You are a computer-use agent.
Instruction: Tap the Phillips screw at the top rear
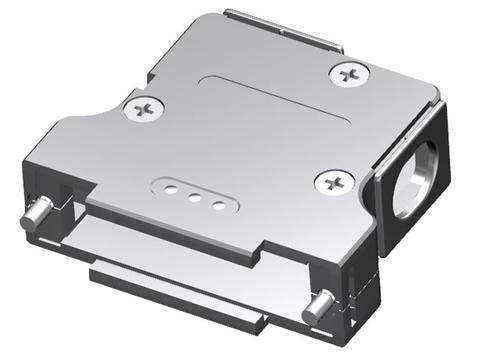[x=348, y=73]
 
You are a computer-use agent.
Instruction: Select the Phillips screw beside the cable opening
[x=333, y=182]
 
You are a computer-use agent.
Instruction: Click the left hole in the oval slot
[x=171, y=187]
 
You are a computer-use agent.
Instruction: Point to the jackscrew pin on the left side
[x=37, y=211]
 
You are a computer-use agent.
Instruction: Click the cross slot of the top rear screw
[x=348, y=73]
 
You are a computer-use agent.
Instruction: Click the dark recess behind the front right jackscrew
[x=344, y=300]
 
